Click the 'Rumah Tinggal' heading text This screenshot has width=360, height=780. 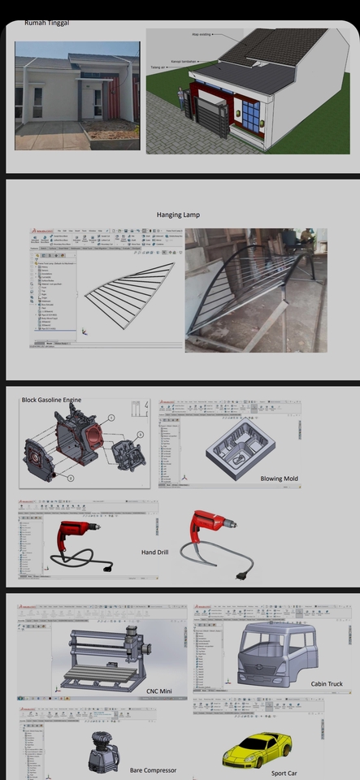(x=47, y=23)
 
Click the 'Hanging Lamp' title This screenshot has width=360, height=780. (x=178, y=214)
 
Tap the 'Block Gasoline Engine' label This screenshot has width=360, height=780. (x=51, y=400)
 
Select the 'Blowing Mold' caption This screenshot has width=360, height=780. (x=277, y=479)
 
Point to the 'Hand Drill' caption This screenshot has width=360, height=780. (x=154, y=552)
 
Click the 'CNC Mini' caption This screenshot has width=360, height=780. (x=159, y=691)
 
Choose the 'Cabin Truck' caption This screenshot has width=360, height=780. (x=327, y=684)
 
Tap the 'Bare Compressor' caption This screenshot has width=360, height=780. (x=153, y=769)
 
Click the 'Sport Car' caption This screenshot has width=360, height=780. (x=284, y=773)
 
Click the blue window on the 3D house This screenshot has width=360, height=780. (x=249, y=115)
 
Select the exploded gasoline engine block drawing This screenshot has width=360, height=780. (x=81, y=443)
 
